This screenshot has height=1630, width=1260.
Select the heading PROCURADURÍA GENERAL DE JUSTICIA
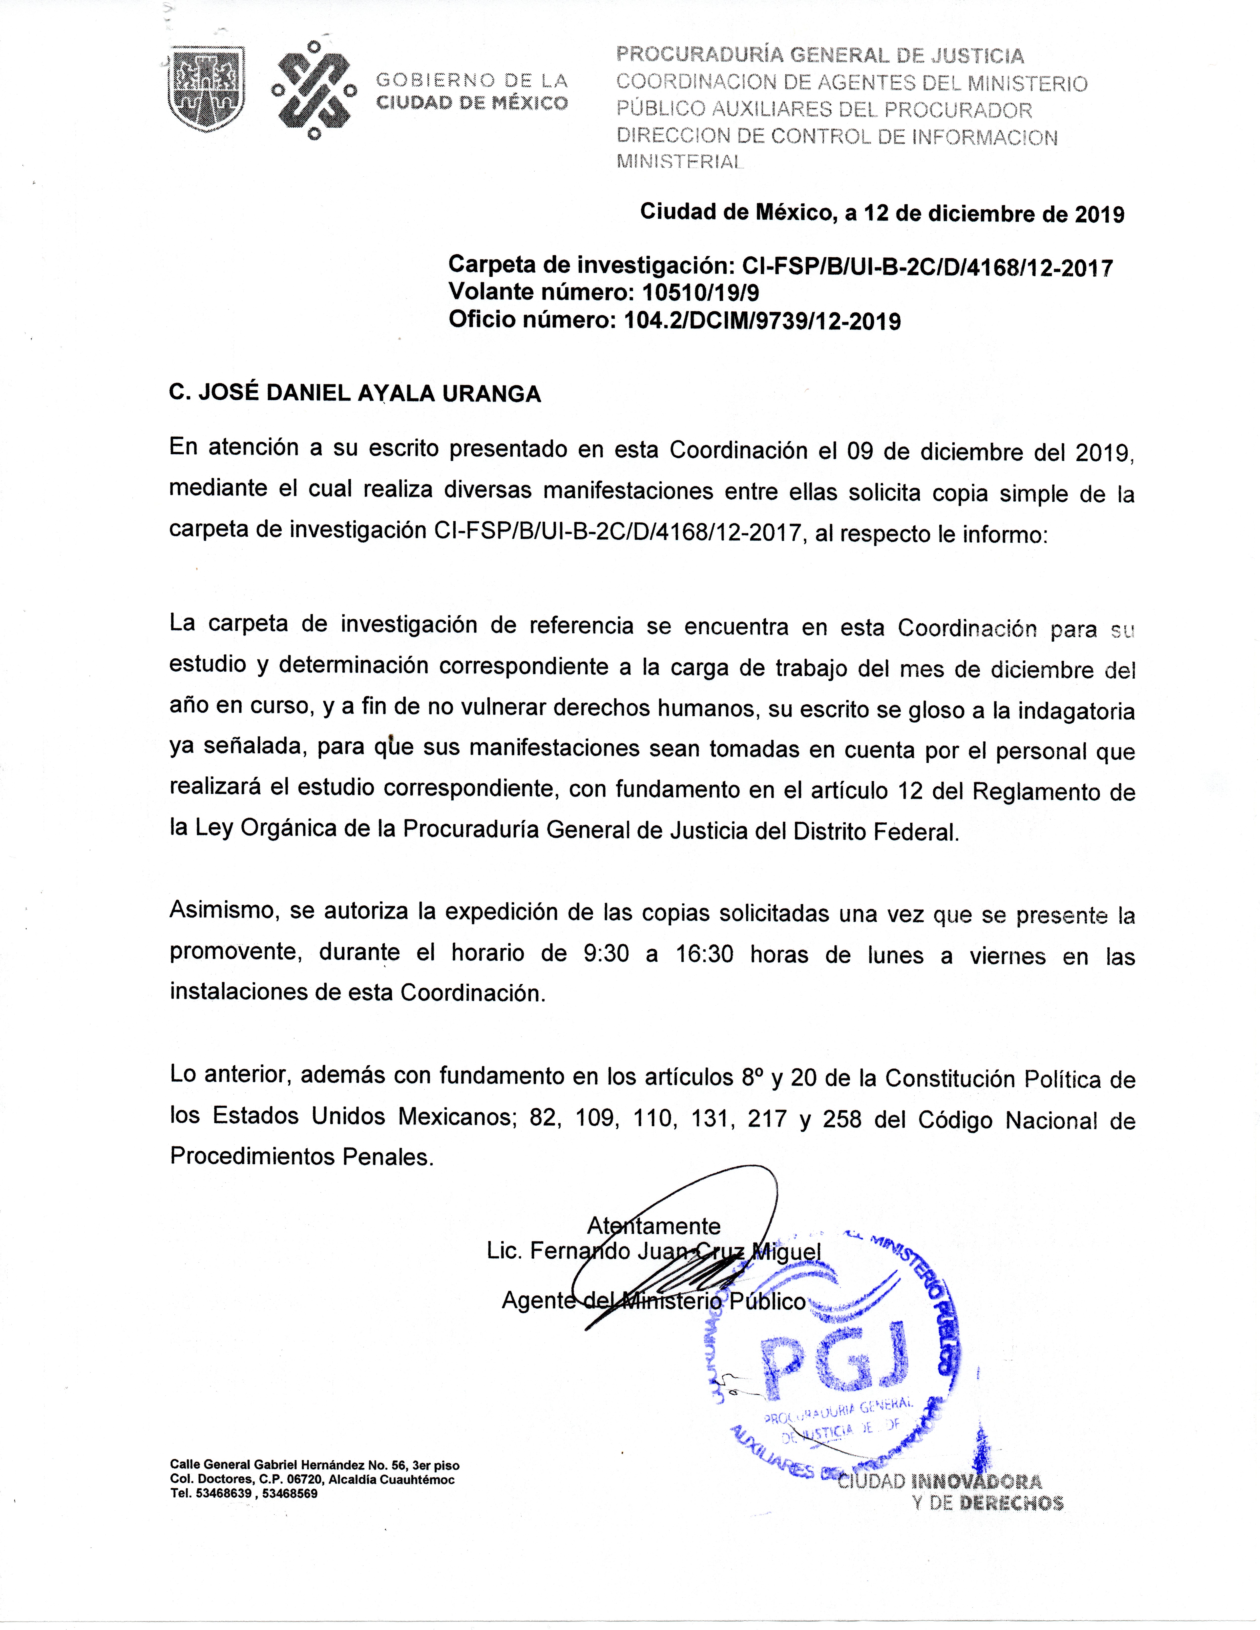pos(819,55)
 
